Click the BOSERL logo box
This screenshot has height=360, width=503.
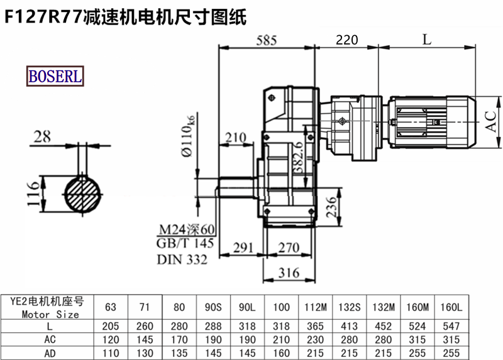click(55, 76)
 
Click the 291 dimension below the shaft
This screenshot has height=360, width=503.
click(246, 248)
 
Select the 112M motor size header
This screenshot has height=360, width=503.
click(314, 307)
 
